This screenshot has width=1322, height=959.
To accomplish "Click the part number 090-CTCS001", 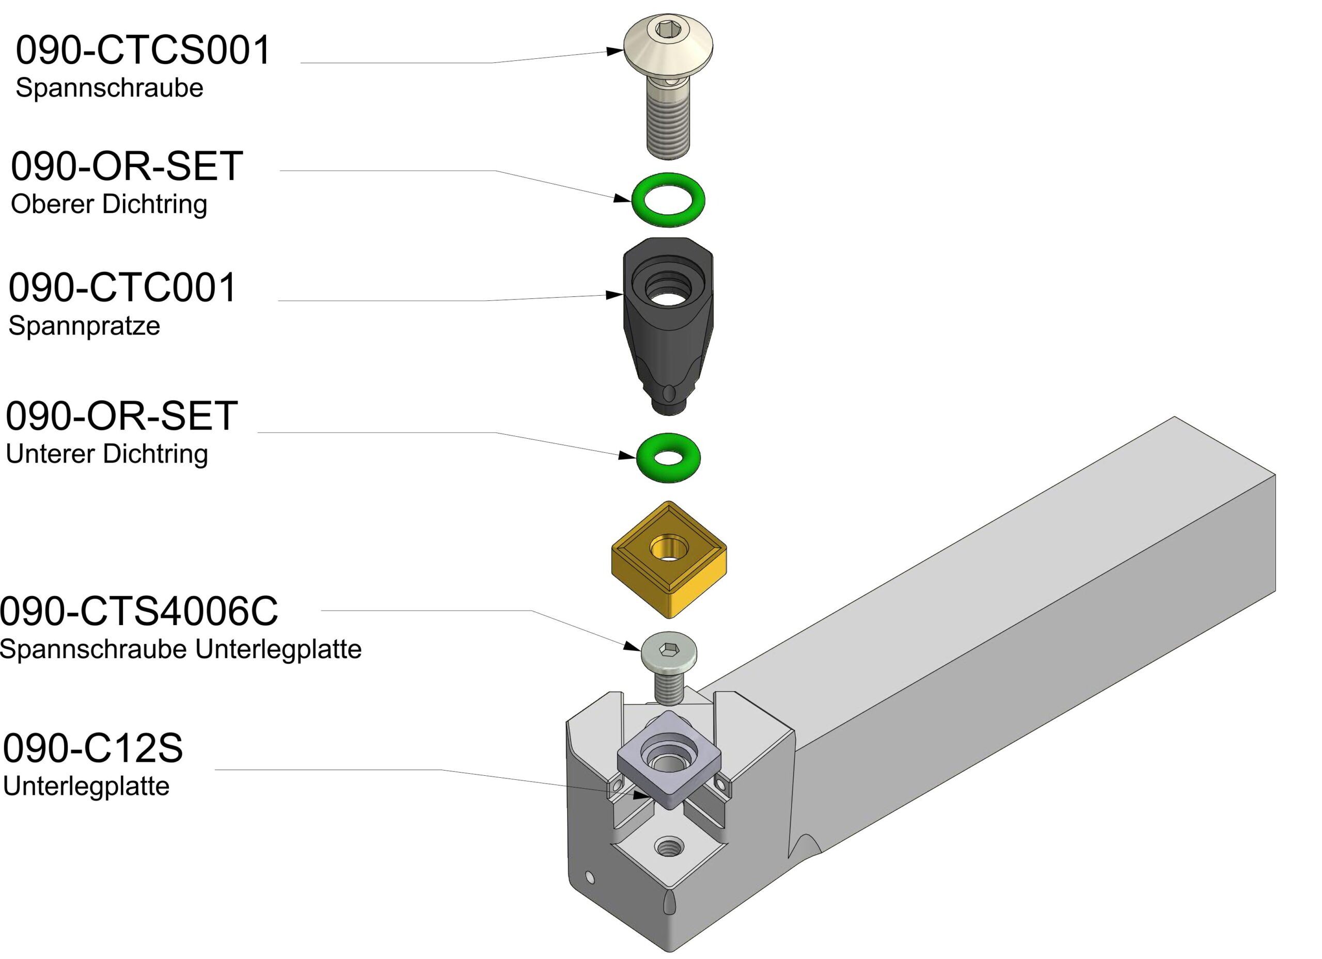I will [x=143, y=50].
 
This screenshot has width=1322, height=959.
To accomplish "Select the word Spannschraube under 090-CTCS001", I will [x=109, y=88].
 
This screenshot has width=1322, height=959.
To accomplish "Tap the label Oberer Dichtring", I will [x=109, y=204].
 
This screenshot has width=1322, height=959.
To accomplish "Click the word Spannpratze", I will [x=84, y=325].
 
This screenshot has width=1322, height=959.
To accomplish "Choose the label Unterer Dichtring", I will [x=107, y=454].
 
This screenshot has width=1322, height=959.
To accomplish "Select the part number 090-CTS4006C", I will [x=139, y=611].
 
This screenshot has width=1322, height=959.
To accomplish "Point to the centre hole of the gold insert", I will [x=669, y=549].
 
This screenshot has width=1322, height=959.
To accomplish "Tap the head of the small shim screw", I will [x=669, y=651].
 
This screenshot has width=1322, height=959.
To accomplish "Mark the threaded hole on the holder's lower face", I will [x=669, y=846].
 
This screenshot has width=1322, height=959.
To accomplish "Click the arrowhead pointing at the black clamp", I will [x=615, y=295].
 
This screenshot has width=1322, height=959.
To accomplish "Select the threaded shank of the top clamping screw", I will [x=669, y=125].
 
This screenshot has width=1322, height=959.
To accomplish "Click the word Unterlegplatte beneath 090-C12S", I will [x=86, y=787].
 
